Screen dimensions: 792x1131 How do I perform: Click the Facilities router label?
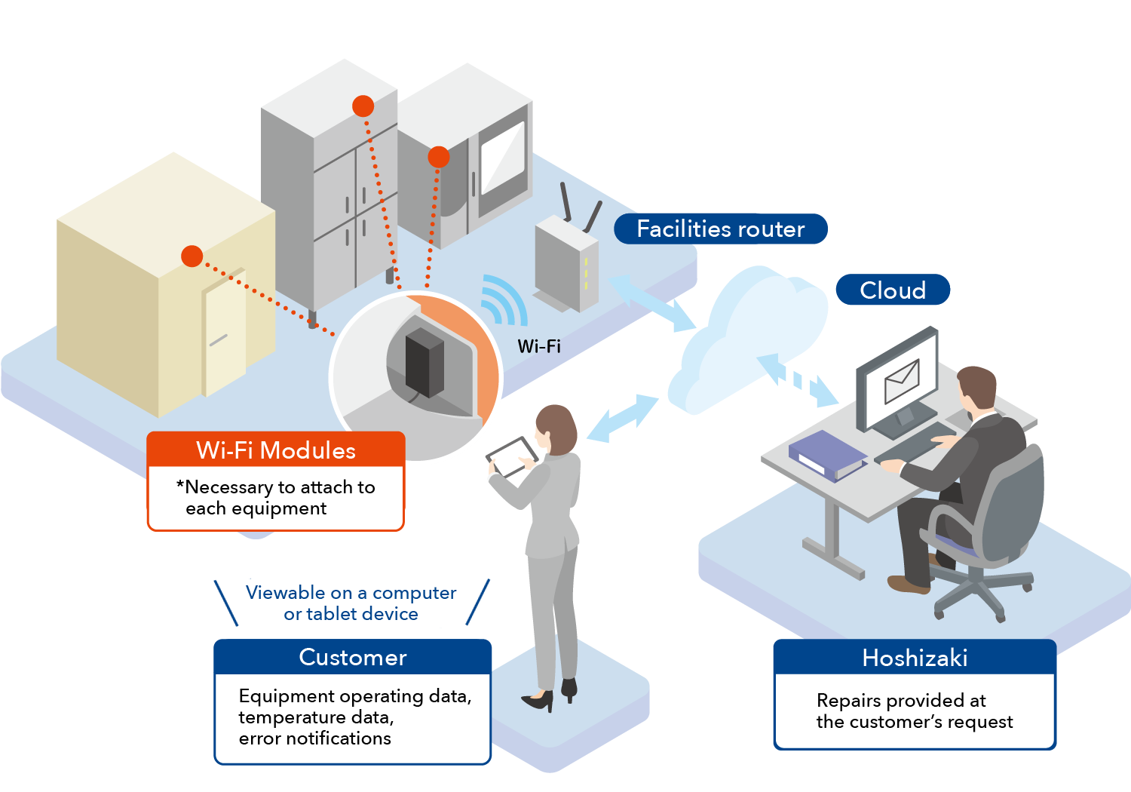click(x=720, y=229)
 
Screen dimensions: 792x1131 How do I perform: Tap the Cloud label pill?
click(x=893, y=290)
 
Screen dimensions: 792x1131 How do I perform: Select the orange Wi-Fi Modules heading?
click(x=276, y=450)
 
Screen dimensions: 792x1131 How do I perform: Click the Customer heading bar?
click(x=353, y=657)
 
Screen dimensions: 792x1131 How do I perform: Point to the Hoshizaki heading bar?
click(x=915, y=658)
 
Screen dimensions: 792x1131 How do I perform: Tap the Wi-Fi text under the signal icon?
click(x=539, y=346)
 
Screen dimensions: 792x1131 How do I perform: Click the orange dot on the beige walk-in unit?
click(x=192, y=256)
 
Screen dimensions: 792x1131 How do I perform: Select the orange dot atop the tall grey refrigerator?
click(x=363, y=106)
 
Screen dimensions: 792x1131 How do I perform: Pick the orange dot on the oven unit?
click(x=439, y=157)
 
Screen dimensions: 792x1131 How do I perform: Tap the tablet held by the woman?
click(x=512, y=456)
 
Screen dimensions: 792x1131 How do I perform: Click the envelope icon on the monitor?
click(x=902, y=381)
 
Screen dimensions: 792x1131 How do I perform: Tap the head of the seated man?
click(x=977, y=388)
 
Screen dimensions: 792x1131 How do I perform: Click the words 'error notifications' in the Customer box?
click(x=315, y=738)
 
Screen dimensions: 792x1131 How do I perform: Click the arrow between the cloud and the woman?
click(x=623, y=417)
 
